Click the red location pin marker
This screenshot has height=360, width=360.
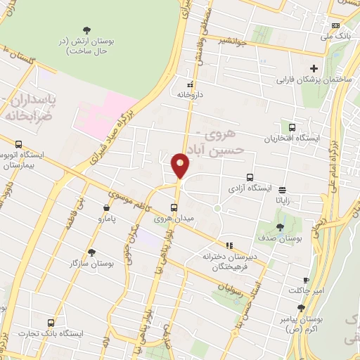coord(181,167)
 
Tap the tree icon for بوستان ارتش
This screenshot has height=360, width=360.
coord(86,30)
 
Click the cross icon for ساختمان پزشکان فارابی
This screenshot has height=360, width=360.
coord(314,68)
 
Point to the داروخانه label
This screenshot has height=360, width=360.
coord(189,94)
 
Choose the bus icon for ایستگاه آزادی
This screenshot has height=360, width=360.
coord(249,178)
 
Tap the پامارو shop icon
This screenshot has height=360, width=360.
coord(106,207)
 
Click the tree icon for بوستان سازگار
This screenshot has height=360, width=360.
coord(91,252)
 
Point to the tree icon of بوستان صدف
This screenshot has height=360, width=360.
coord(280,226)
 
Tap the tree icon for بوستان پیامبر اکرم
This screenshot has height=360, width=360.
coord(301,307)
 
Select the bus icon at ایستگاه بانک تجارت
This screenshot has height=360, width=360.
coord(49,322)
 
